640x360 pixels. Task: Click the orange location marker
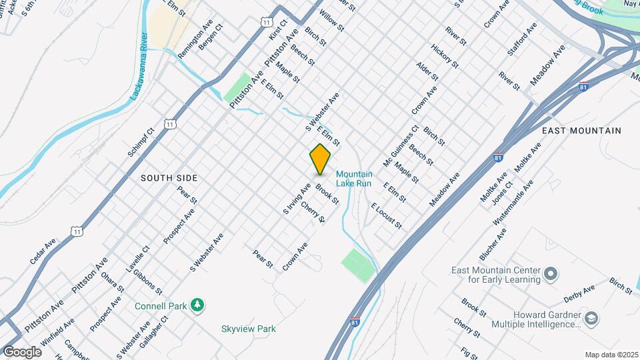tap(320, 159)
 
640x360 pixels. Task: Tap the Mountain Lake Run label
tap(354, 179)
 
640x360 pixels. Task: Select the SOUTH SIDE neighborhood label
tap(169, 178)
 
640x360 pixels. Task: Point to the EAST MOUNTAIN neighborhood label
tap(581, 131)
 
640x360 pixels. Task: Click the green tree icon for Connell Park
tap(197, 305)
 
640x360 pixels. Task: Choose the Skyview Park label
tap(249, 329)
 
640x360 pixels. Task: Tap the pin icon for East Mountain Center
tap(551, 274)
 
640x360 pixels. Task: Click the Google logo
tap(22, 351)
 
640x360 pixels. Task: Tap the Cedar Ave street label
tap(41, 253)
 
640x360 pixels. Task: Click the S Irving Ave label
tap(297, 199)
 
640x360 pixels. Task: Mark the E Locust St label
tap(387, 215)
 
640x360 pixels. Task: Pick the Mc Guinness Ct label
tap(401, 146)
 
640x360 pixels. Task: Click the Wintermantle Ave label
tap(513, 201)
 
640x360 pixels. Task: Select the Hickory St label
tap(445, 56)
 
